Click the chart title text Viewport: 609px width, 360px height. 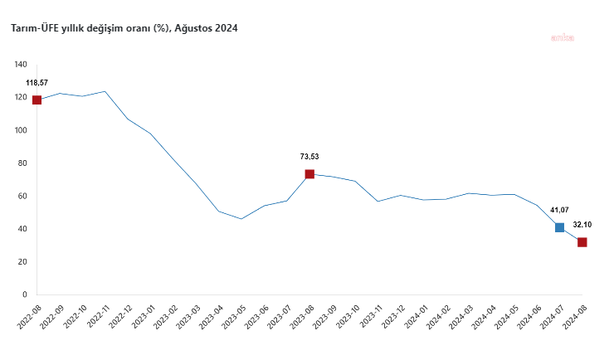[124, 29]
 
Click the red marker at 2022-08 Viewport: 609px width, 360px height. [37, 100]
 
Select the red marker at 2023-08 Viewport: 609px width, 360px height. [309, 174]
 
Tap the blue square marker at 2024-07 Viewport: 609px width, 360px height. [559, 227]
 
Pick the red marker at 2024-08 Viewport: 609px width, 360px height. [582, 242]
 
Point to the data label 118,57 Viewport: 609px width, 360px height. [37, 83]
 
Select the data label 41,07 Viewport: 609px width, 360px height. [560, 210]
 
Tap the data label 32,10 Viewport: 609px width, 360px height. [582, 225]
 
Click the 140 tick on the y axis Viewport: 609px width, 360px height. [21, 65]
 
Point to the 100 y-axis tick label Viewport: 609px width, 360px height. [21, 130]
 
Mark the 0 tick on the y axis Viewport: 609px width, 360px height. [25, 294]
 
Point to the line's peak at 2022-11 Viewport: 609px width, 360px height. [105, 91]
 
